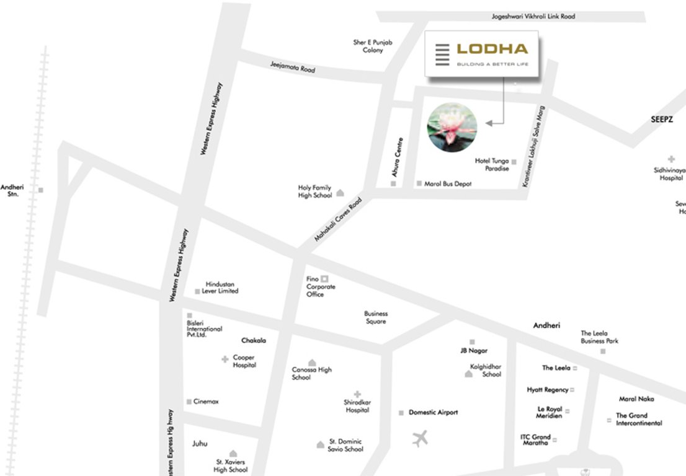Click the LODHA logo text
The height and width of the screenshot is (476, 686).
tap(492, 49)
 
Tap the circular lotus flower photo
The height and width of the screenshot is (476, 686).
tap(452, 126)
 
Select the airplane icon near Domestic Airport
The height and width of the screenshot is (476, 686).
tap(421, 439)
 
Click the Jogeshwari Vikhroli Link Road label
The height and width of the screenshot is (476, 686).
tap(533, 17)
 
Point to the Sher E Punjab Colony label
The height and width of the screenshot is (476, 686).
tap(373, 46)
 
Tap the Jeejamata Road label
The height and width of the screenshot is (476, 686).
tap(293, 68)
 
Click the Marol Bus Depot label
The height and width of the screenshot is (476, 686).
tap(448, 184)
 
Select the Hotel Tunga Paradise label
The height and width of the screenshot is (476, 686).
tap(492, 165)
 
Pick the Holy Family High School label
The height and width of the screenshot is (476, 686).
tap(315, 192)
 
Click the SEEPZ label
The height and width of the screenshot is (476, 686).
tap(662, 119)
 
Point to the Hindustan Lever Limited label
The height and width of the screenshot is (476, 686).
tap(220, 288)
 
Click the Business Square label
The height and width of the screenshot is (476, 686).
tap(376, 317)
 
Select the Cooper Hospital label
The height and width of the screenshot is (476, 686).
tap(244, 361)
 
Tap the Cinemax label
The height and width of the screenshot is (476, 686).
tap(206, 402)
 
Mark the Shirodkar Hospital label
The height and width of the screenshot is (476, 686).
tap(357, 406)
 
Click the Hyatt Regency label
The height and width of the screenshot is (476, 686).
tap(548, 390)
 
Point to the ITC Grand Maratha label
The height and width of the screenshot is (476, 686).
tap(535, 440)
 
